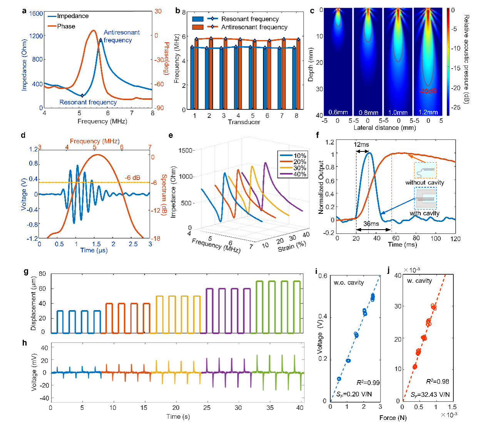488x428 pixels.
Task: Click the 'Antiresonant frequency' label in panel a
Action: (122, 36)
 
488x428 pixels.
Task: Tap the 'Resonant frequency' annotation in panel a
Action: (88, 102)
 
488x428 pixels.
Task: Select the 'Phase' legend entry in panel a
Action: (66, 26)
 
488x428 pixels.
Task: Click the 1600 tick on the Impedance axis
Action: (36, 13)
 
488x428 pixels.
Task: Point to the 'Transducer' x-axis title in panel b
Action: (244, 122)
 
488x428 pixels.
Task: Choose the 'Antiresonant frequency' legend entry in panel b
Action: (254, 27)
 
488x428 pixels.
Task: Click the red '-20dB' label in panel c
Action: (428, 91)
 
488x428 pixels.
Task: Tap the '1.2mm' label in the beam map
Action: (428, 112)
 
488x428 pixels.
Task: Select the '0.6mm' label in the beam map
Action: (338, 112)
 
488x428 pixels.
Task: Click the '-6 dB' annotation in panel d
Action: (132, 178)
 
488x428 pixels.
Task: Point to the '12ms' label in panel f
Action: (361, 144)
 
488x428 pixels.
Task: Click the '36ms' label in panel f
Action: (371, 224)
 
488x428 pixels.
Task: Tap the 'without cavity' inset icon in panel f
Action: (425, 170)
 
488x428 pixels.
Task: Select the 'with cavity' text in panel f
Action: (424, 213)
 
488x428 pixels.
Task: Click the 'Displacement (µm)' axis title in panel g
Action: (33, 303)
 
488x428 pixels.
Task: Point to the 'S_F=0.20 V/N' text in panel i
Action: (354, 394)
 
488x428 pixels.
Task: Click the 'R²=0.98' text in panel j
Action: (438, 381)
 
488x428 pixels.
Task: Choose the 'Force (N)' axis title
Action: (393, 418)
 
